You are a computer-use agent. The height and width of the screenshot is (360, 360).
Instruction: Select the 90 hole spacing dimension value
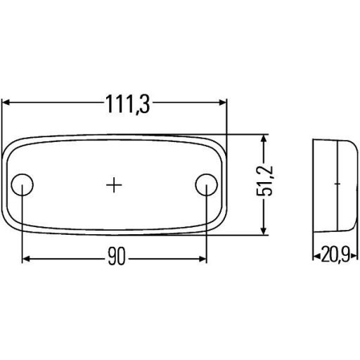coord(117,259)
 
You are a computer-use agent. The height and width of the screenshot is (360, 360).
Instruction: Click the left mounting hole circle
coord(23,184)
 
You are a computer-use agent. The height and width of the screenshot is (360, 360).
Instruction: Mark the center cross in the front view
coord(114,184)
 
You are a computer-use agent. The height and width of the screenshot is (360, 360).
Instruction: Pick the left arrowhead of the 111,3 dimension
coord(7,103)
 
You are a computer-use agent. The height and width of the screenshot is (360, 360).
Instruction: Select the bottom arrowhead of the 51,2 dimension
coord(264,231)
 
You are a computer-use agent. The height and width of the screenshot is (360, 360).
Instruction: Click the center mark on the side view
coord(337,184)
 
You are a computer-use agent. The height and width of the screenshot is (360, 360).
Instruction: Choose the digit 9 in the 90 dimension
coord(112,259)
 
